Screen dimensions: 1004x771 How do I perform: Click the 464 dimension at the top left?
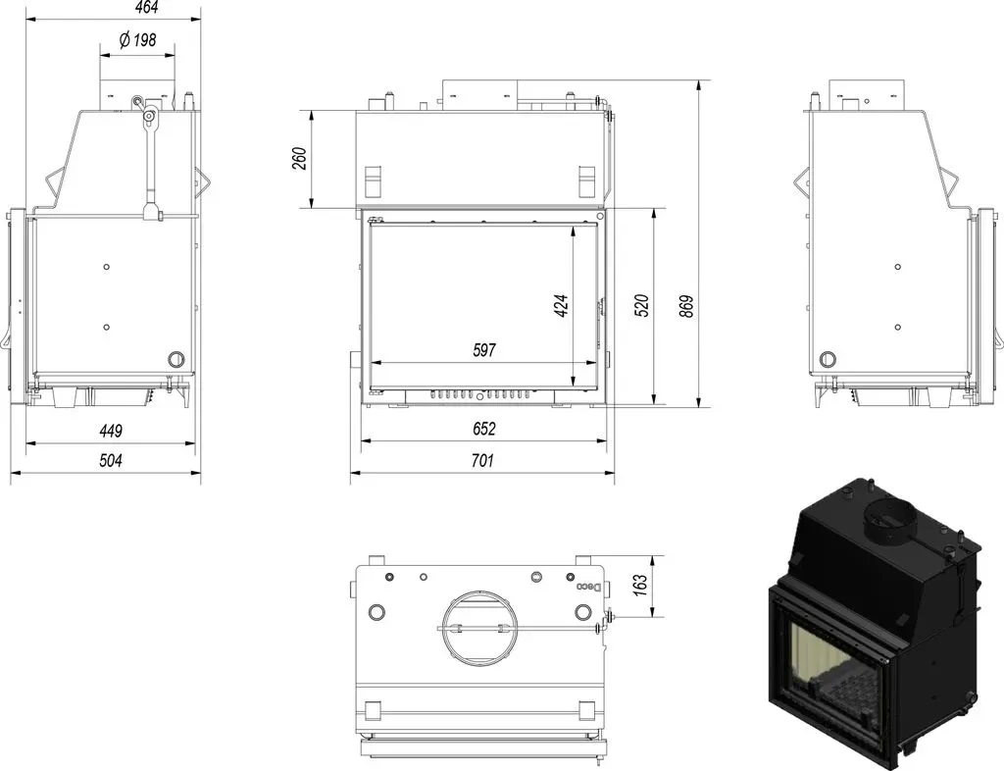(147, 7)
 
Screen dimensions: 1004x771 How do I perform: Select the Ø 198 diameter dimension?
(137, 40)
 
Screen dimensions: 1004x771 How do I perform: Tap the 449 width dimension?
(111, 431)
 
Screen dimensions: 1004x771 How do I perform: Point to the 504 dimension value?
(111, 460)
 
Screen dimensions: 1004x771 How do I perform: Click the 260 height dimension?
(300, 159)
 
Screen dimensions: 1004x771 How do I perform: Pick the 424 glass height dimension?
(561, 306)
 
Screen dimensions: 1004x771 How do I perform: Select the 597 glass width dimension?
(484, 350)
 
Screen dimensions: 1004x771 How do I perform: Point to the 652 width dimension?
(484, 429)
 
